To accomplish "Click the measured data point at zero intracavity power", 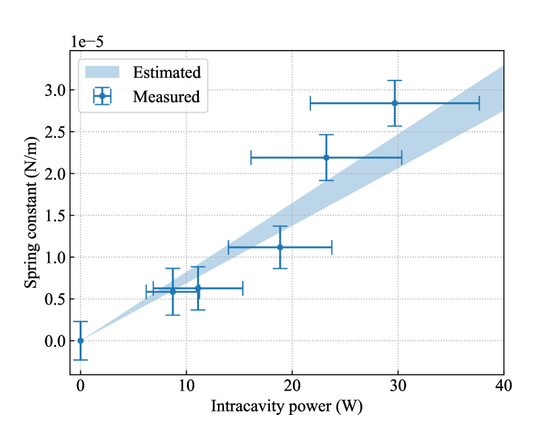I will (80, 341).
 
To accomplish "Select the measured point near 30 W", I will (395, 103).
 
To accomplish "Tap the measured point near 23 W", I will (327, 157).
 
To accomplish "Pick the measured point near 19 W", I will (280, 247).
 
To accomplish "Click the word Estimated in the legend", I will (167, 72).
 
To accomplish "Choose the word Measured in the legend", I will (166, 97).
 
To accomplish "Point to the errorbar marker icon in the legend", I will (103, 97).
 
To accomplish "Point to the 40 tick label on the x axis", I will (504, 385).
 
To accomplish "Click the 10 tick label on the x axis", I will (186, 385).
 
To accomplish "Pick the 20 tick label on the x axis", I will (292, 385).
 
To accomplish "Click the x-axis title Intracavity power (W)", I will (291, 406).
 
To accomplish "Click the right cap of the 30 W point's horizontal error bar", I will (479, 103).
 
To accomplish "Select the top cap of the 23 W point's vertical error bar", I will (327, 135).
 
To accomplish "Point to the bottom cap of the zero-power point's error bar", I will (80, 360).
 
